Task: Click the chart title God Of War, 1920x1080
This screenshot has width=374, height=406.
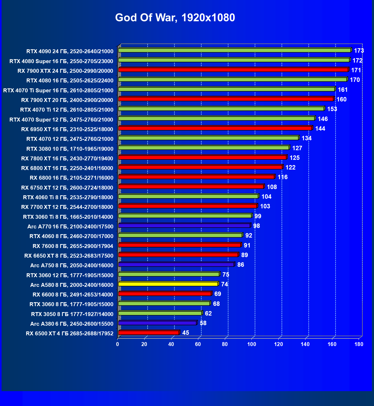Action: pyautogui.click(x=175, y=18)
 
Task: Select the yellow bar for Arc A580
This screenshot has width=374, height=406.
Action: pyautogui.click(x=168, y=284)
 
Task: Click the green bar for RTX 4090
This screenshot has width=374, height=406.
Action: pyautogui.click(x=235, y=50)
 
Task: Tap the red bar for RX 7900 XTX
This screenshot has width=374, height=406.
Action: pyautogui.click(x=233, y=70)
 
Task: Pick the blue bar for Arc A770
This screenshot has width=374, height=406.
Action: pyautogui.click(x=184, y=226)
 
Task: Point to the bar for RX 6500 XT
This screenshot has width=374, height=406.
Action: pyautogui.click(x=149, y=333)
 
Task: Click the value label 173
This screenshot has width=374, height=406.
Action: pyautogui.click(x=359, y=51)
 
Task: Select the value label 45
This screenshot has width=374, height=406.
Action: pyautogui.click(x=186, y=333)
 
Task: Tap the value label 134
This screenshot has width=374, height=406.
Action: pyautogui.click(x=307, y=138)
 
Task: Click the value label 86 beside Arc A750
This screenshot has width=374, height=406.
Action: pyautogui.click(x=241, y=265)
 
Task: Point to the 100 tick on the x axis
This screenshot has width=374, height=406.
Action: pyautogui.click(x=252, y=344)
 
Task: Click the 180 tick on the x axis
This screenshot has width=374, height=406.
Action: pyautogui.click(x=359, y=344)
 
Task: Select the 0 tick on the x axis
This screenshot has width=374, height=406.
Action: pyautogui.click(x=118, y=344)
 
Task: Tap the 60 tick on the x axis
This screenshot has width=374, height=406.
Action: pyautogui.click(x=198, y=344)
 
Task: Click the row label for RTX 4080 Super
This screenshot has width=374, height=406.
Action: pyautogui.click(x=61, y=61)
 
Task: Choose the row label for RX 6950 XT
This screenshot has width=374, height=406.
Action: pyautogui.click(x=67, y=129)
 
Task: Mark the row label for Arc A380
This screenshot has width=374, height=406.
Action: pyautogui.click(x=72, y=324)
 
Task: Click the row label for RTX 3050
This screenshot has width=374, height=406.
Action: pyautogui.click(x=72, y=314)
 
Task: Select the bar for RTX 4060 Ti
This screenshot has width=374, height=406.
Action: pyautogui.click(x=188, y=196)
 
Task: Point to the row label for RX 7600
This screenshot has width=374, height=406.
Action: pyautogui.click(x=73, y=246)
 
